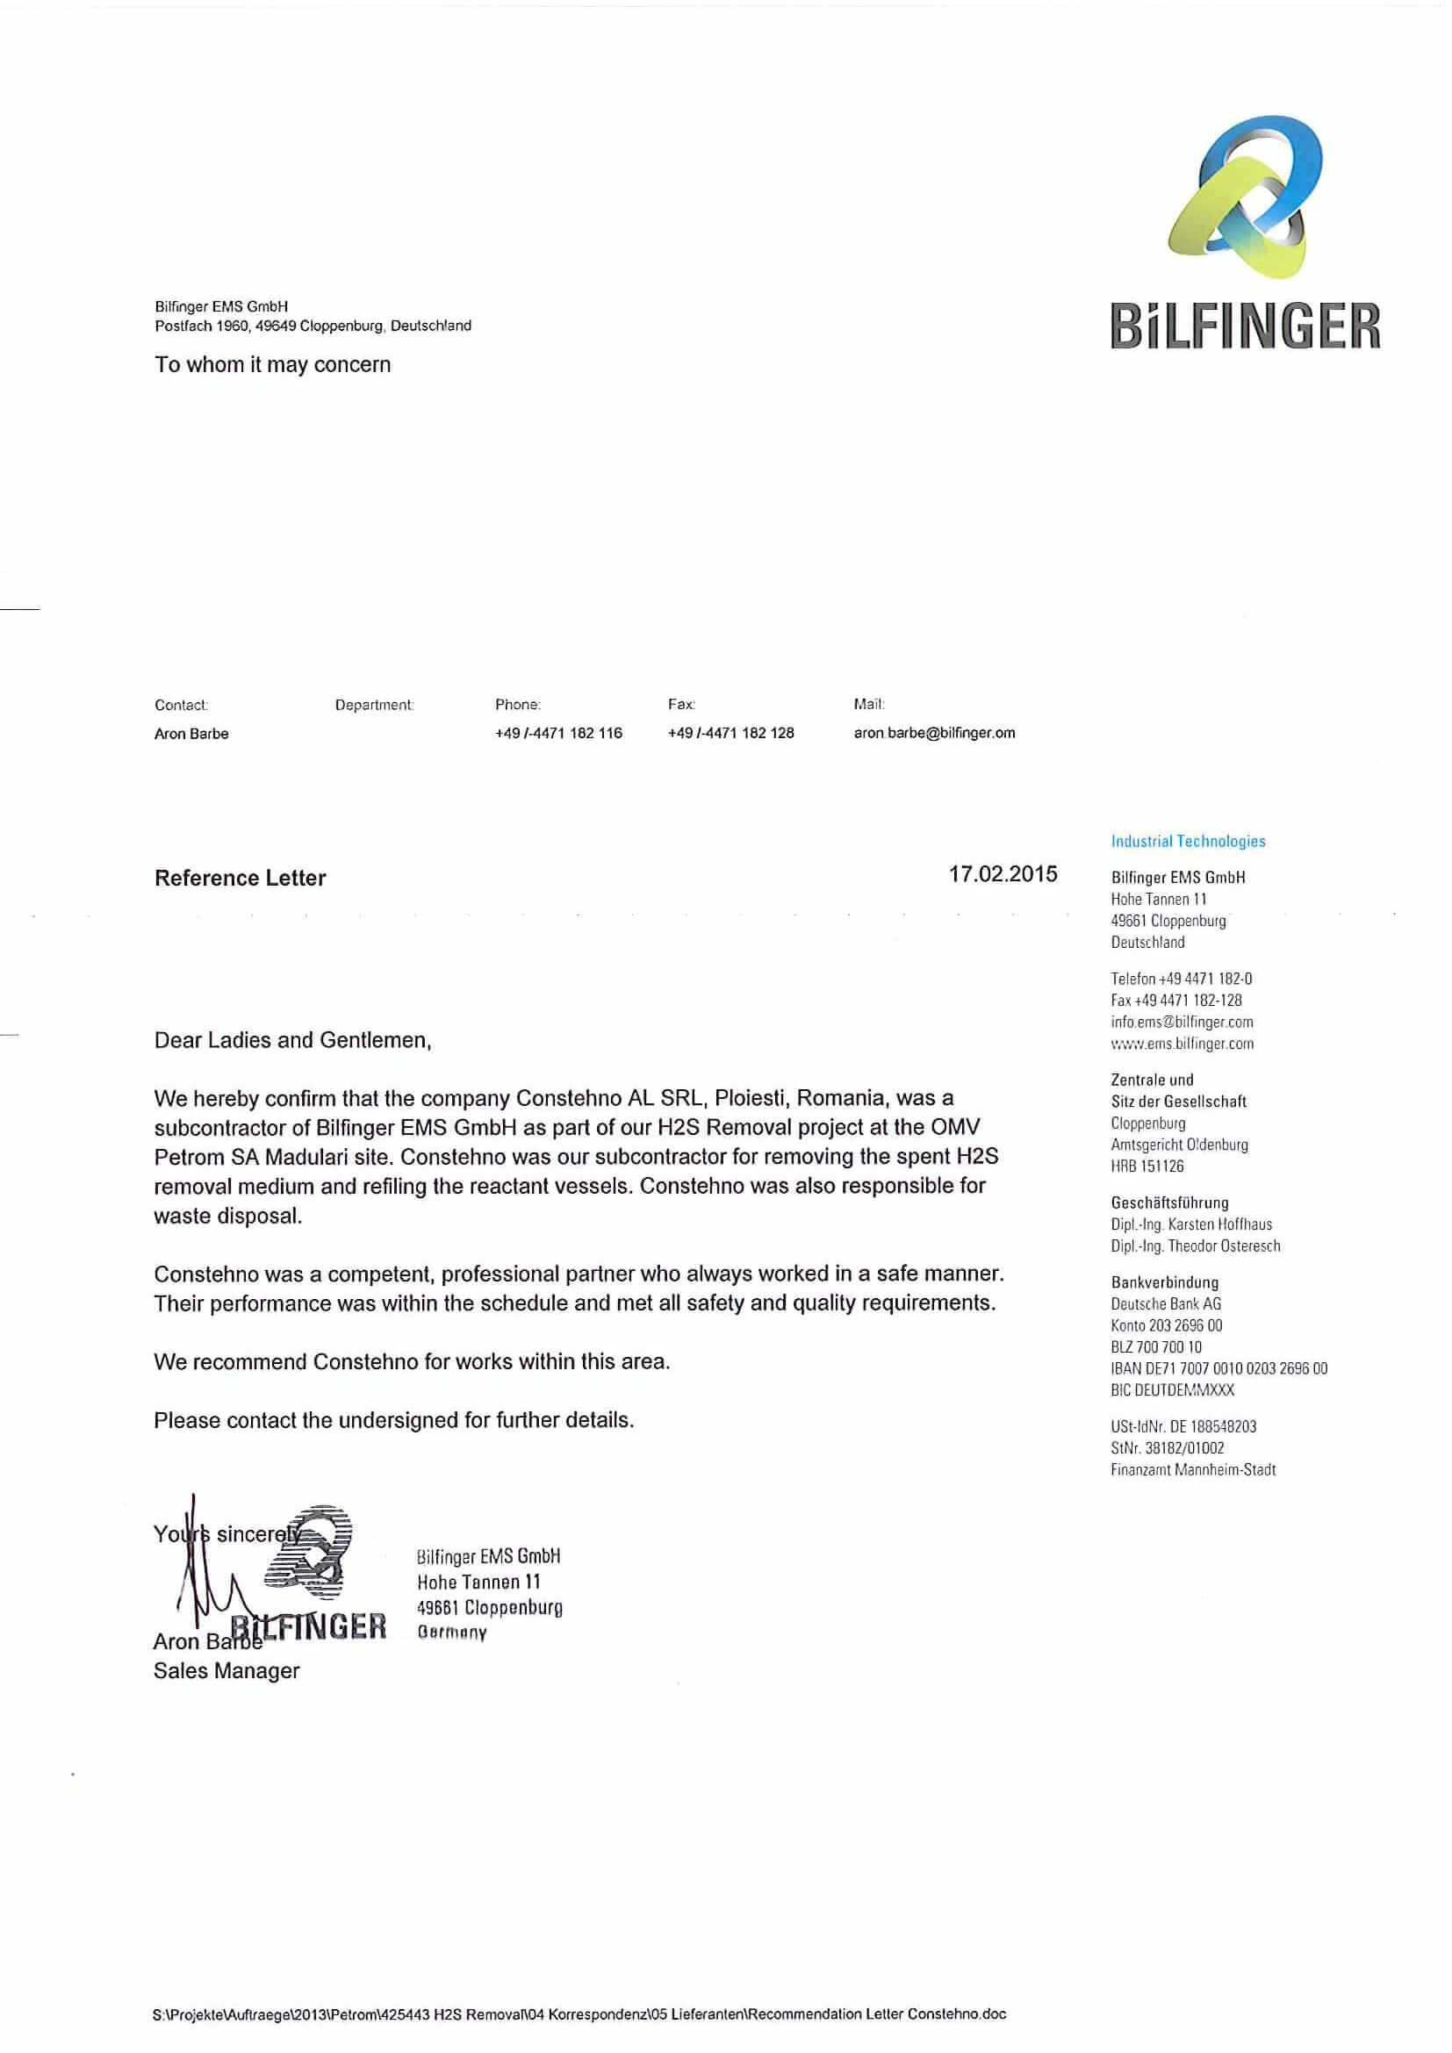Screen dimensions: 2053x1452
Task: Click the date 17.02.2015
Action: pyautogui.click(x=1003, y=873)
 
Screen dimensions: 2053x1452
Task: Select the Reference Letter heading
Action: pyautogui.click(x=240, y=878)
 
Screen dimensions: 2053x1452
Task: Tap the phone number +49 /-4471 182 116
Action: pyautogui.click(x=558, y=733)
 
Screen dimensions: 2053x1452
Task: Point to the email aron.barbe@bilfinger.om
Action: pyautogui.click(x=933, y=733)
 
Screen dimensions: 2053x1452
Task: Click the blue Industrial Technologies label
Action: pyautogui.click(x=1188, y=842)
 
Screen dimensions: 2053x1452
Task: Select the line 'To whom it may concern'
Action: pyautogui.click(x=273, y=365)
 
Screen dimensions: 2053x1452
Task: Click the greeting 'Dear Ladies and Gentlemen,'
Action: pyautogui.click(x=292, y=1040)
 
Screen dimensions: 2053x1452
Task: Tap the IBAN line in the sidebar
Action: pyautogui.click(x=1218, y=1369)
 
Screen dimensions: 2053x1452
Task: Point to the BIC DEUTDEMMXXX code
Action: pyautogui.click(x=1172, y=1390)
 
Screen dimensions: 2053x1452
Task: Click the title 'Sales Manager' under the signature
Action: pyautogui.click(x=226, y=1670)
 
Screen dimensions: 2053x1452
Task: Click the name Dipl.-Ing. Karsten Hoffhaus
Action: pyautogui.click(x=1191, y=1224)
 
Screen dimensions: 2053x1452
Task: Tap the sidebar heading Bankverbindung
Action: pyautogui.click(x=1164, y=1282)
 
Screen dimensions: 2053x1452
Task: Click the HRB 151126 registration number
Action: pyautogui.click(x=1147, y=1166)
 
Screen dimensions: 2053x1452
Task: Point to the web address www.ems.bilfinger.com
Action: pyautogui.click(x=1182, y=1044)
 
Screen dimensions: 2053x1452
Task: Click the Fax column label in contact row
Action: pyautogui.click(x=680, y=705)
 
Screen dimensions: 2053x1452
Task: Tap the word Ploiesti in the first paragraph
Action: pyautogui.click(x=749, y=1098)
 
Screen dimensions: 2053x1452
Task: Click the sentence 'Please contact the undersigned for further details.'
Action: pyautogui.click(x=393, y=1420)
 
